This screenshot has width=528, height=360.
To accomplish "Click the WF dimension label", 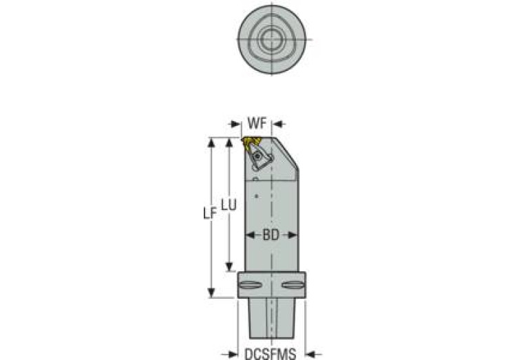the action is [x=257, y=124].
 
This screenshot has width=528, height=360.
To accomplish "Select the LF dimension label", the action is [x=209, y=213].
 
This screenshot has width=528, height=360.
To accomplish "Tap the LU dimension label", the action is [x=229, y=204].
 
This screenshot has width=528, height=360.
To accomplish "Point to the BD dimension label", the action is [x=271, y=235].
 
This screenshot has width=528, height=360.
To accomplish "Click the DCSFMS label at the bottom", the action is [x=271, y=354].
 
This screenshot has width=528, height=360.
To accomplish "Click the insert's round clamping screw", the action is [x=258, y=156].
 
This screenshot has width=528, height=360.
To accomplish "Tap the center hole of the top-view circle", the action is [x=271, y=39].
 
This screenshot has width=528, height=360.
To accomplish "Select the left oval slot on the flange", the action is [x=250, y=285].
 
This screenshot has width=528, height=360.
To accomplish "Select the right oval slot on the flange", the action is [x=293, y=285].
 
